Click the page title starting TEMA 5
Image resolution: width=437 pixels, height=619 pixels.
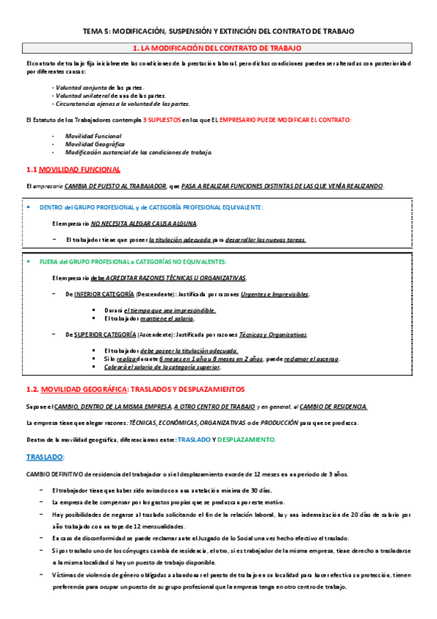218,31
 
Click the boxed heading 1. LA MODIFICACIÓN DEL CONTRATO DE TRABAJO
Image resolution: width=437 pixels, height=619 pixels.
218,48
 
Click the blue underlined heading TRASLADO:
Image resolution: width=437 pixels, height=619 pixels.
45,456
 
